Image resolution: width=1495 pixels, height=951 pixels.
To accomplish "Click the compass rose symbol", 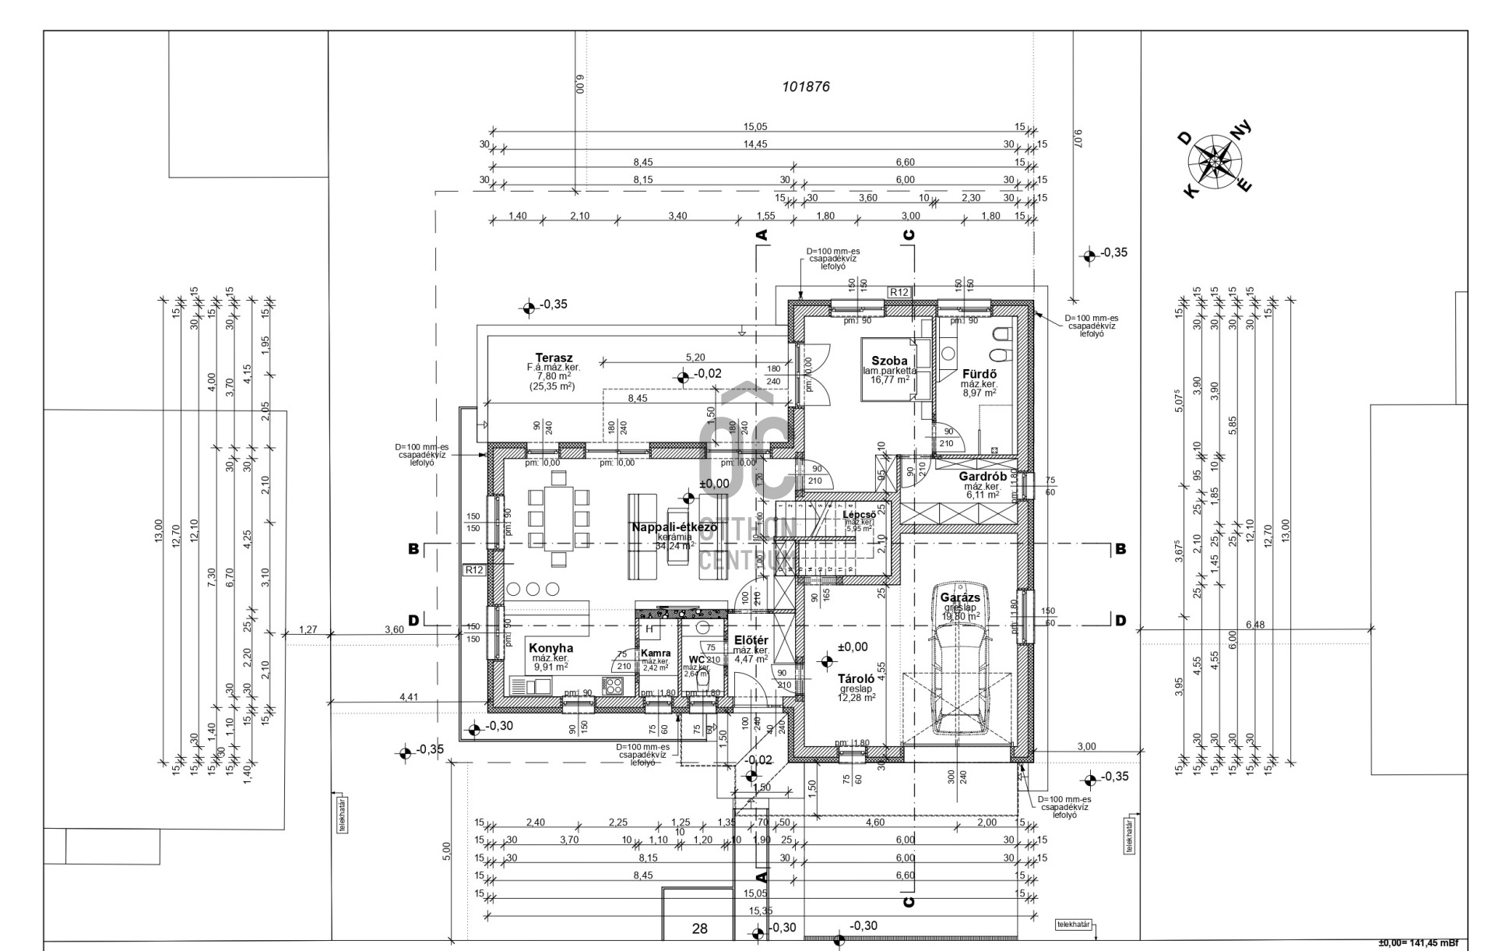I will tap(1214, 161).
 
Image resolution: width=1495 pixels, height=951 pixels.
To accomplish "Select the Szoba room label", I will tap(888, 361).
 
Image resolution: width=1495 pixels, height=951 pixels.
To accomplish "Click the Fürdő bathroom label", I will tap(979, 374).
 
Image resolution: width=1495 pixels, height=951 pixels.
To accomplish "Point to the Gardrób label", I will tap(977, 476).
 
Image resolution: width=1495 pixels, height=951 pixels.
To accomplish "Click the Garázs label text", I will tap(960, 597).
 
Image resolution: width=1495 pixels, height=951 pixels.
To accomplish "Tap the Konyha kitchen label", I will tap(551, 648).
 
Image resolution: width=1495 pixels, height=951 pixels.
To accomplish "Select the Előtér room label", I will tap(751, 640).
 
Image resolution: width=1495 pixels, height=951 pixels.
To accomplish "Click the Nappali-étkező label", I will tap(674, 527).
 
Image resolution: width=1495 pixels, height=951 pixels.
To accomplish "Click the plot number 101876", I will tap(806, 86).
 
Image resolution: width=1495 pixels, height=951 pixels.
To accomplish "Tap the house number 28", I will tap(699, 928).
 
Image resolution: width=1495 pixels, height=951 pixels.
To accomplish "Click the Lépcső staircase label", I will tap(860, 514).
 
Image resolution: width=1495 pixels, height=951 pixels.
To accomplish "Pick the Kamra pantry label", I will tap(655, 653).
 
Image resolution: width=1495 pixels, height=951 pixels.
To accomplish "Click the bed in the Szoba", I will tap(886, 369).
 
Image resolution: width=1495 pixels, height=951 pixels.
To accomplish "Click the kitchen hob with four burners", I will tap(614, 685).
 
